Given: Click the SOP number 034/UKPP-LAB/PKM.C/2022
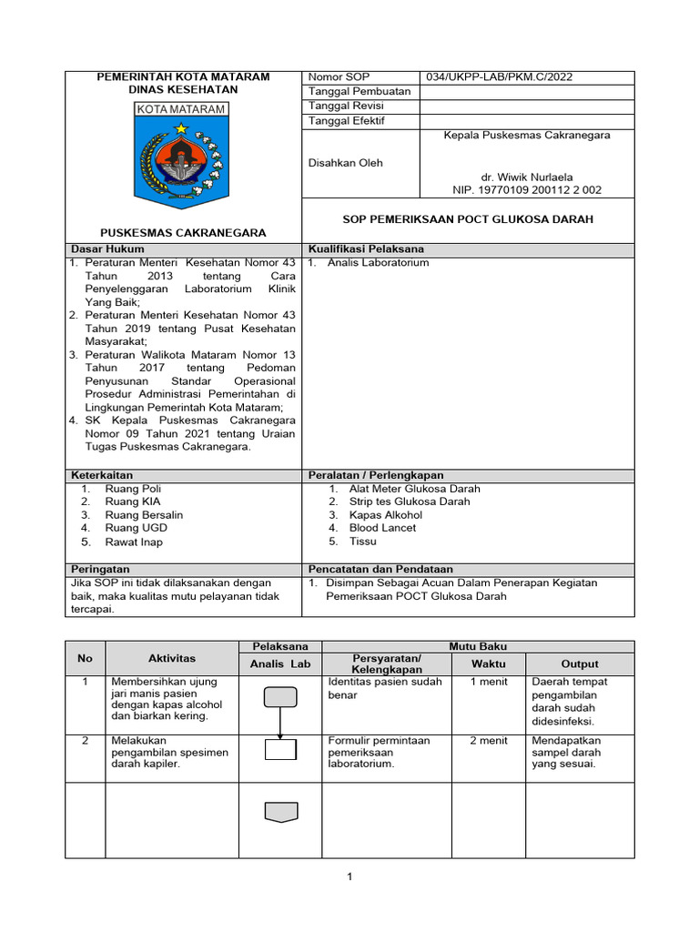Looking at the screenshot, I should pyautogui.click(x=491, y=76).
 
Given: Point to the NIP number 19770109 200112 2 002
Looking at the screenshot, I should pyautogui.click(x=527, y=190).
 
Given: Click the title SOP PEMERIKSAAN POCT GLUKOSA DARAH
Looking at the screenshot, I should pyautogui.click(x=467, y=219).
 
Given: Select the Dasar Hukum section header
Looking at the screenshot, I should pyautogui.click(x=107, y=248).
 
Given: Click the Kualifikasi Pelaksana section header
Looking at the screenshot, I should pyautogui.click(x=366, y=248).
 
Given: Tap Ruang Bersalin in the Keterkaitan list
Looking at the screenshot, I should pyautogui.click(x=144, y=515).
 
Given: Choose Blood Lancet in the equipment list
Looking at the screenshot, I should pyautogui.click(x=382, y=528).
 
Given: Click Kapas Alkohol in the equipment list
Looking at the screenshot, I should pyautogui.click(x=386, y=515).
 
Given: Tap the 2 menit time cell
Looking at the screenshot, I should pyautogui.click(x=488, y=741).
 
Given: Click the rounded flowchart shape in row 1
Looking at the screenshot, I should pyautogui.click(x=280, y=697).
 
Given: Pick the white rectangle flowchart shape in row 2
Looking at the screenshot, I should pyautogui.click(x=280, y=750).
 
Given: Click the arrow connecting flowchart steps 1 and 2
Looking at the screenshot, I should pyautogui.click(x=280, y=724).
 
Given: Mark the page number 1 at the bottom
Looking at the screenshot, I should pyautogui.click(x=349, y=877).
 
